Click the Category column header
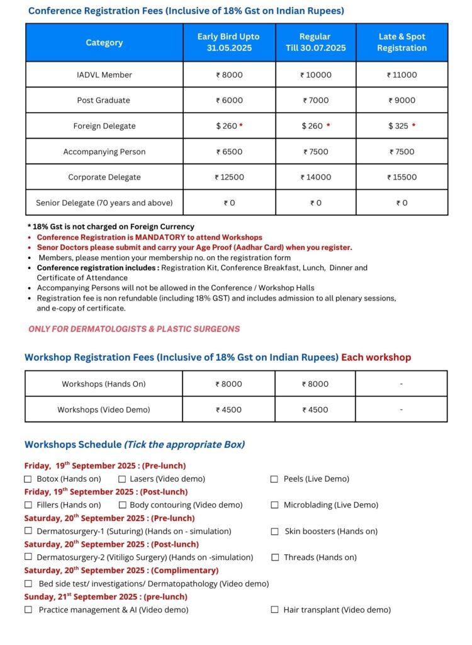pyautogui.click(x=104, y=43)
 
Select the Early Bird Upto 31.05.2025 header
pyautogui.click(x=228, y=42)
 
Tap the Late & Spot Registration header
pyautogui.click(x=402, y=42)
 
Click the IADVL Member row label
pyautogui.click(x=104, y=75)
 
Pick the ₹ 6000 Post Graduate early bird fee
pyautogui.click(x=228, y=100)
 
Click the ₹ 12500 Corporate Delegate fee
pyautogui.click(x=228, y=177)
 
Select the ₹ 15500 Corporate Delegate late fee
pyautogui.click(x=402, y=177)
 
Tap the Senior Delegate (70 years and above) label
pyautogui.click(x=104, y=203)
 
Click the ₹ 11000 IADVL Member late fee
pyautogui.click(x=402, y=75)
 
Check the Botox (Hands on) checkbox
pyautogui.click(x=28, y=479)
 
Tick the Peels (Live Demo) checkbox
pyautogui.click(x=274, y=479)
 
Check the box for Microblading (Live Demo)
pyautogui.click(x=274, y=505)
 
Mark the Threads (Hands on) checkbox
pyautogui.click(x=274, y=557)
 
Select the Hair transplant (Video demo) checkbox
pyautogui.click(x=274, y=610)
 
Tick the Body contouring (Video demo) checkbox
pyautogui.click(x=122, y=505)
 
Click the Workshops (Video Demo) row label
pyautogui.click(x=104, y=409)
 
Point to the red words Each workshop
pyautogui.click(x=376, y=357)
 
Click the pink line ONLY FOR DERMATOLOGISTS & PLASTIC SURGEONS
pyautogui.click(x=134, y=329)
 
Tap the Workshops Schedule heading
pyautogui.click(x=73, y=445)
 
